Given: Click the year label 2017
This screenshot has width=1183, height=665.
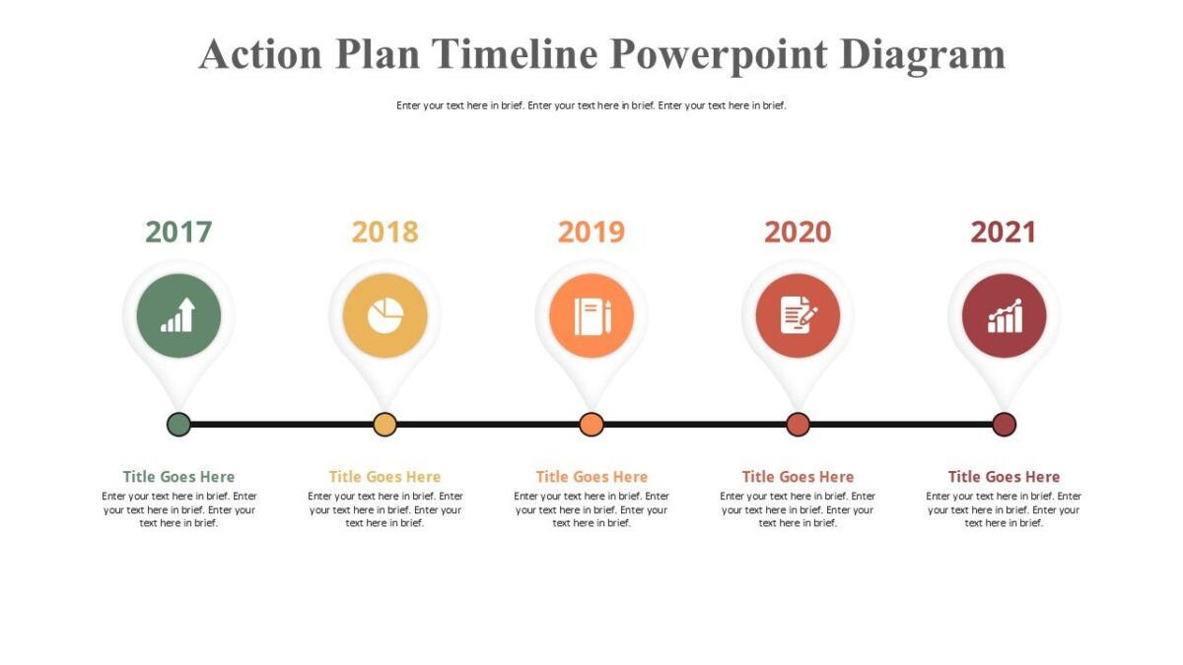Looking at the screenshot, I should coord(178,232).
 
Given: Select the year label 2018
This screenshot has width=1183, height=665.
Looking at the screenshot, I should coord(384,232).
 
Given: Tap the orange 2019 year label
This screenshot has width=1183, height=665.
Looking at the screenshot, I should coord(591,232).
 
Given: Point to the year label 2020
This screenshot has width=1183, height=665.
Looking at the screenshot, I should coord(798,232).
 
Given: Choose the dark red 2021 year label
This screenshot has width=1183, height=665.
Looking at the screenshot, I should coord(1004,232).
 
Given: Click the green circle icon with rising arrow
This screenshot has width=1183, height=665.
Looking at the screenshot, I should coord(178,316).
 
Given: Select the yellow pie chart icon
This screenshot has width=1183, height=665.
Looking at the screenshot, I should coord(384,316).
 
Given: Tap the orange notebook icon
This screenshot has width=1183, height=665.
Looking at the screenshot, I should coord(591,316).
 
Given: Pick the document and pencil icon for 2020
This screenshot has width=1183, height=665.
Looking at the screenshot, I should coord(798,316).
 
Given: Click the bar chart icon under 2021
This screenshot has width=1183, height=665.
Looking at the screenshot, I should coord(1004,316).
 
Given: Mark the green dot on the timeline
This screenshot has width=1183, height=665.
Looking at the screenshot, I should coord(178,425).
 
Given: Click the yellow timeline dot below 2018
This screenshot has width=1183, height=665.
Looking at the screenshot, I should coord(384,425).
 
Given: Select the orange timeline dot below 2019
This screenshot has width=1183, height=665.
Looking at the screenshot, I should coord(591,425).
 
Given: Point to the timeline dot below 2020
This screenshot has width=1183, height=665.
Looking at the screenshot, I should coord(798,425).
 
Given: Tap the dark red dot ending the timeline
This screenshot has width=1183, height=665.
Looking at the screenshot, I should coord(1004,425).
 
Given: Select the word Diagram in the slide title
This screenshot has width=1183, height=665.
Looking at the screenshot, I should coord(923,54).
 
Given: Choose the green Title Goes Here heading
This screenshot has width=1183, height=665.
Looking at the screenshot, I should coord(178,477).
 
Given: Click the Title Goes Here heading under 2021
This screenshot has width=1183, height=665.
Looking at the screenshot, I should coord(1004,477).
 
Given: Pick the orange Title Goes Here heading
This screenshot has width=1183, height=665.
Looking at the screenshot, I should coord(591,477).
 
